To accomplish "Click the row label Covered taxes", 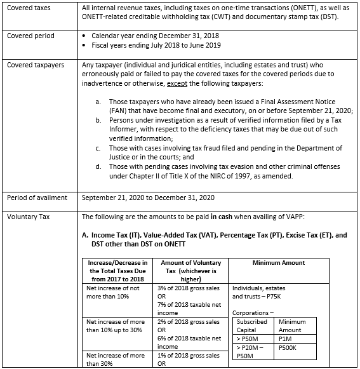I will click(29, 8).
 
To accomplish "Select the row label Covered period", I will click(30, 36).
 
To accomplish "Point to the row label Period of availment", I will click(37, 198).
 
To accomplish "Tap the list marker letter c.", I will click(98, 149).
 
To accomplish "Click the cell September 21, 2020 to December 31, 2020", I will click(149, 198).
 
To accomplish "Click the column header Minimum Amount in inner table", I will click(278, 262).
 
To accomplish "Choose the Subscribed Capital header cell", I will click(252, 325).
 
